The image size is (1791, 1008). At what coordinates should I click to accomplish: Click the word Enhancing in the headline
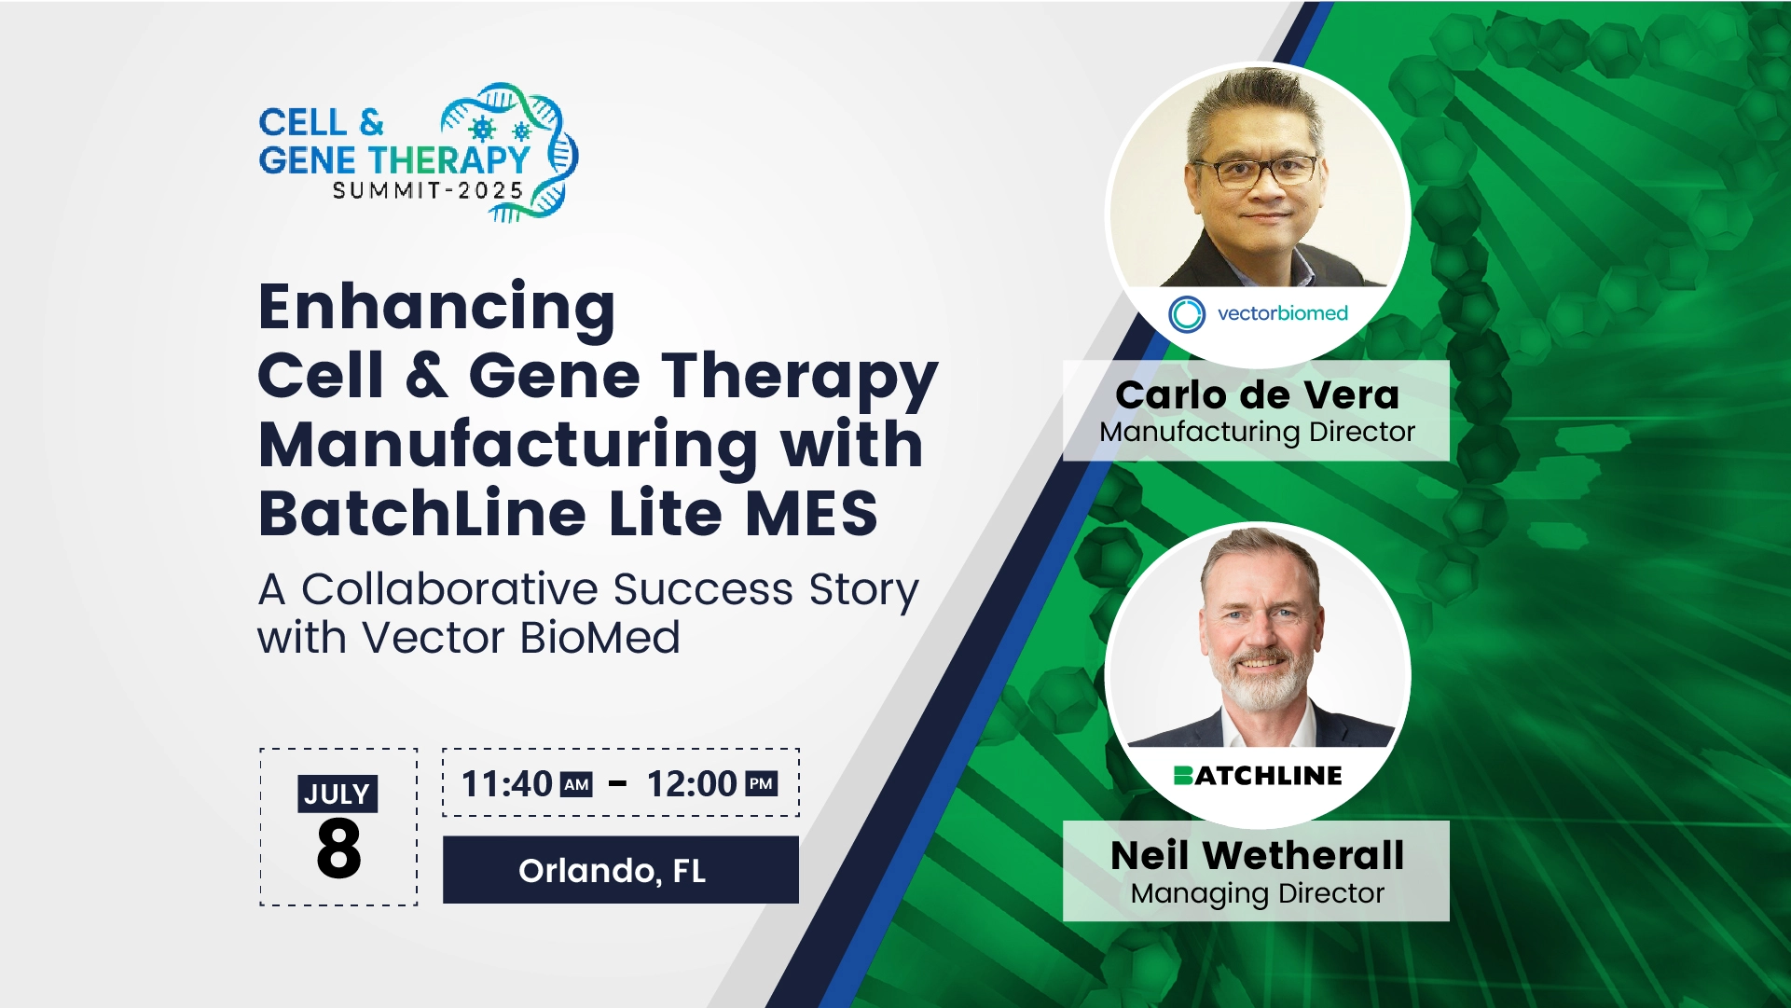pyautogui.click(x=436, y=309)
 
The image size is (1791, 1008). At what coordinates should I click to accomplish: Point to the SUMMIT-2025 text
pyautogui.click(x=428, y=191)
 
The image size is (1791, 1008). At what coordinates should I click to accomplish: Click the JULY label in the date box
pyautogui.click(x=338, y=794)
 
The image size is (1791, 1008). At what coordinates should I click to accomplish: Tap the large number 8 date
pyautogui.click(x=338, y=849)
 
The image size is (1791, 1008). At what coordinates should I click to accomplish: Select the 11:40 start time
pyautogui.click(x=507, y=784)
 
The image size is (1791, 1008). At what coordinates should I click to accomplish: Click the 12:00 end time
pyautogui.click(x=692, y=784)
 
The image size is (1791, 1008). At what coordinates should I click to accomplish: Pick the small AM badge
pyautogui.click(x=576, y=784)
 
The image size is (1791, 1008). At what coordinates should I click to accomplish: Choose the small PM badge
pyautogui.click(x=761, y=784)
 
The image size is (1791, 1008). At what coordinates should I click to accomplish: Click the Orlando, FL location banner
pyautogui.click(x=621, y=870)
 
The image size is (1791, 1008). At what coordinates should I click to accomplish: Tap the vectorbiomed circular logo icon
pyautogui.click(x=1187, y=314)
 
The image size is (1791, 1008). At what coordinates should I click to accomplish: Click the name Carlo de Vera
pyautogui.click(x=1257, y=394)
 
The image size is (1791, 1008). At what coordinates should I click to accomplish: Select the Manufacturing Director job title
pyautogui.click(x=1257, y=432)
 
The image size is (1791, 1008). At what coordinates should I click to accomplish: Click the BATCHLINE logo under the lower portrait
pyautogui.click(x=1257, y=775)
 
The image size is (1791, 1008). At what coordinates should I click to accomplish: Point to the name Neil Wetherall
pyautogui.click(x=1257, y=855)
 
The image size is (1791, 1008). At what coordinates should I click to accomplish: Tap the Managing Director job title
pyautogui.click(x=1257, y=893)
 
